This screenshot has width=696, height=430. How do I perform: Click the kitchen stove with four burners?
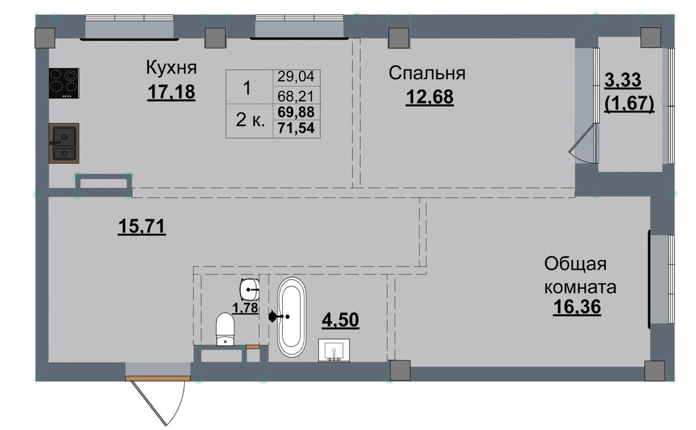(64, 83)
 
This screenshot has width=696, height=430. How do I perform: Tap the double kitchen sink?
(64, 143)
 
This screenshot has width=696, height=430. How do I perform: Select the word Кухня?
(171, 68)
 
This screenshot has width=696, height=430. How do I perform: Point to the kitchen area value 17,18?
(171, 92)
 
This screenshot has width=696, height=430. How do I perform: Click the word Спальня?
(427, 73)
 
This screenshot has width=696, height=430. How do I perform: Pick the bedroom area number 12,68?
(430, 97)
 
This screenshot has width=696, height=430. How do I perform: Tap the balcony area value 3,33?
(623, 81)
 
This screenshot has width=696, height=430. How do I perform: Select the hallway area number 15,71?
(142, 227)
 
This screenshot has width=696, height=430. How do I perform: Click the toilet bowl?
(225, 329)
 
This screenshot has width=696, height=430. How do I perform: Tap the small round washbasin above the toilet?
(250, 289)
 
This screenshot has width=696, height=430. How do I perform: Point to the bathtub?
(292, 316)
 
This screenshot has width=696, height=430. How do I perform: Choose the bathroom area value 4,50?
(340, 320)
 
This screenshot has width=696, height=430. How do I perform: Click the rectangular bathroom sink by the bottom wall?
(334, 351)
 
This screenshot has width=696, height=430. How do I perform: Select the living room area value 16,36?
(577, 307)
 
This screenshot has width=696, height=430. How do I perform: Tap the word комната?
(580, 287)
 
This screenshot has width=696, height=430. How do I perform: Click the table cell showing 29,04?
(296, 77)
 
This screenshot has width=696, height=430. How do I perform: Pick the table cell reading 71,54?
(296, 128)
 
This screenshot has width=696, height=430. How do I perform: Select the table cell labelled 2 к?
(250, 120)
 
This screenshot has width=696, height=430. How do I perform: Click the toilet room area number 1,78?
(246, 307)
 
